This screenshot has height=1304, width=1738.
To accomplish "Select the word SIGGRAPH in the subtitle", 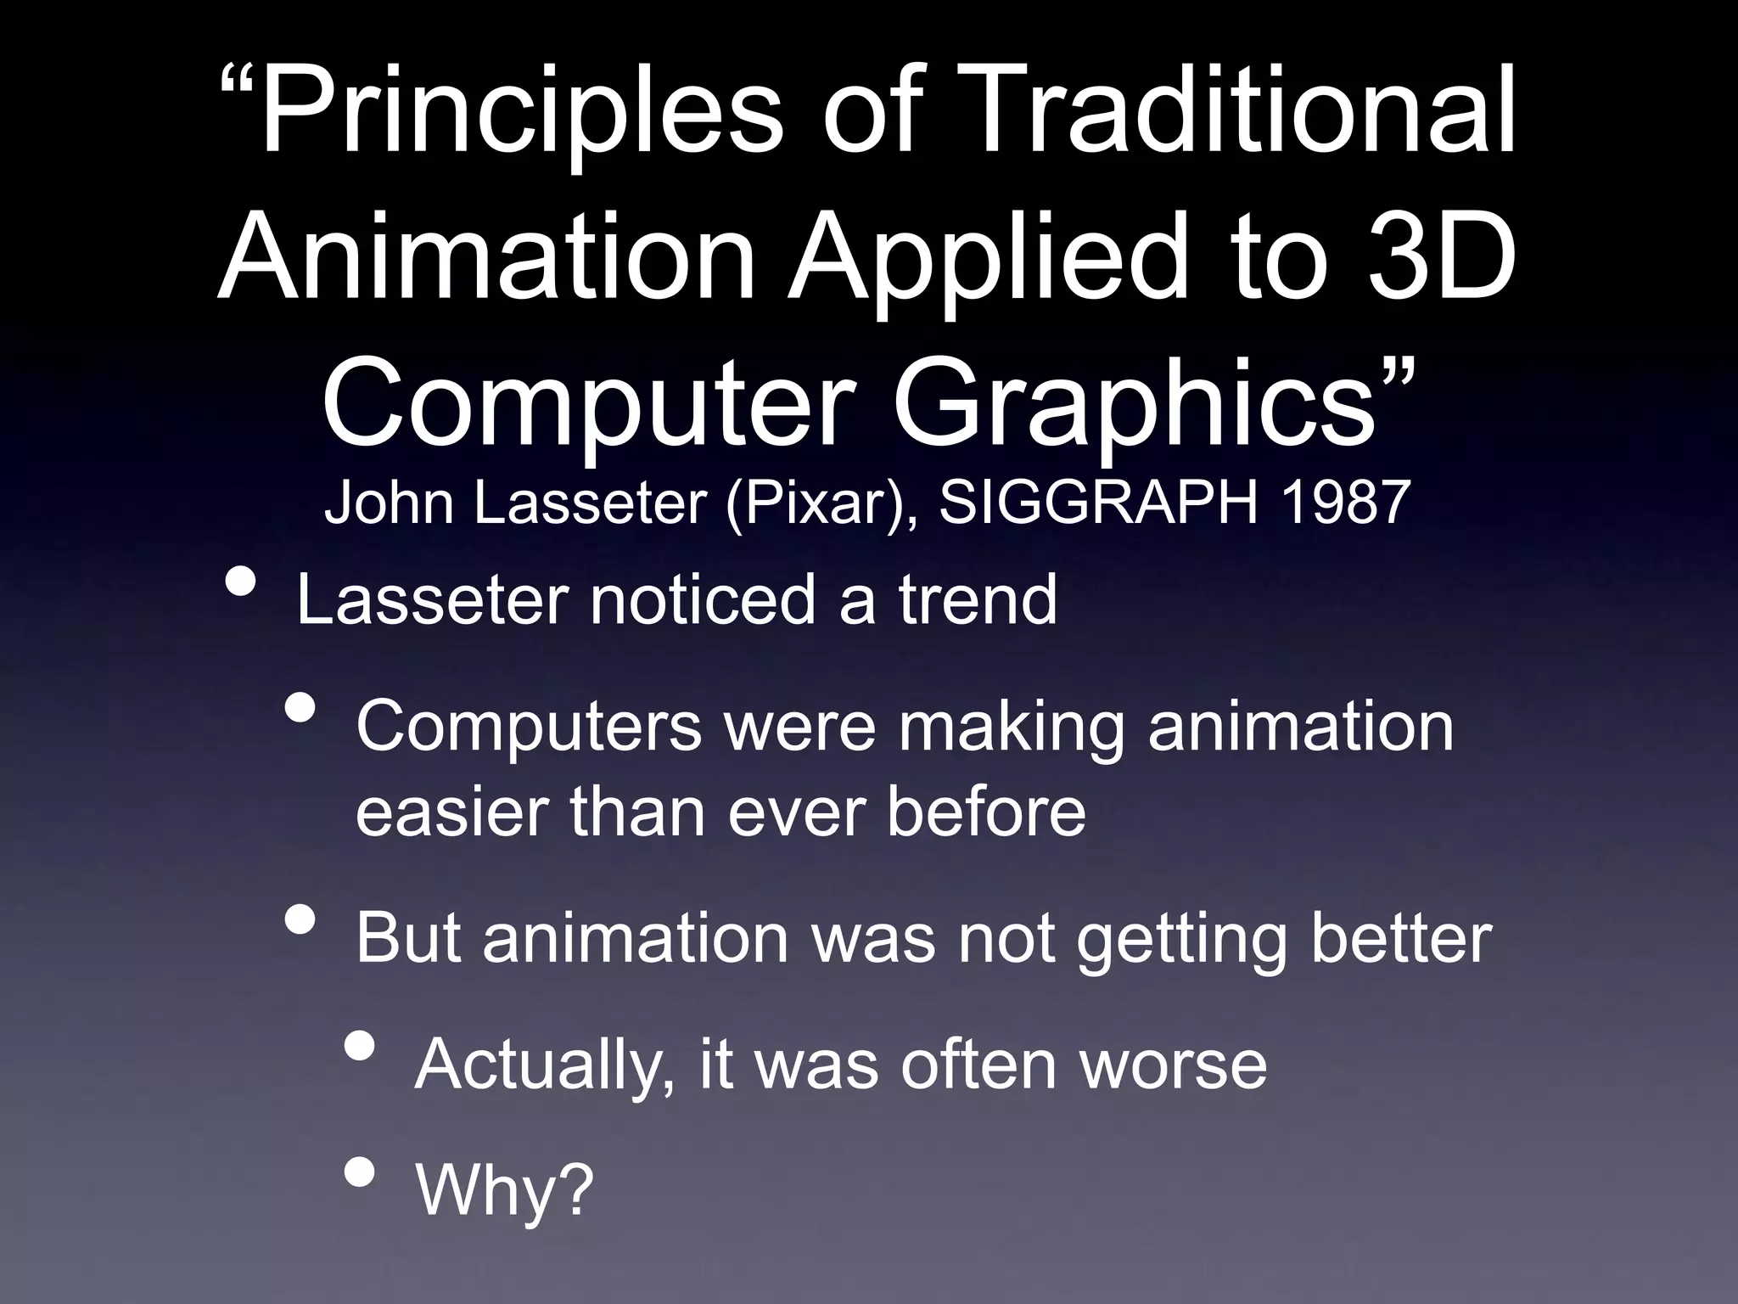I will tap(1099, 502).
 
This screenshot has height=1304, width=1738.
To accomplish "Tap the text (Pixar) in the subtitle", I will tap(819, 503).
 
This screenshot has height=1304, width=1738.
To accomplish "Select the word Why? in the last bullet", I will tap(504, 1189).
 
